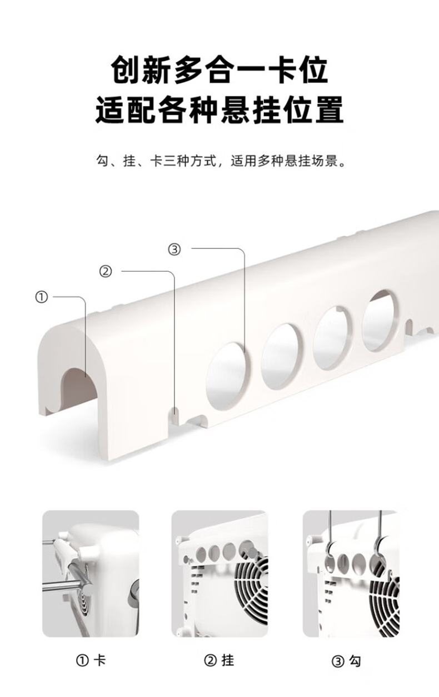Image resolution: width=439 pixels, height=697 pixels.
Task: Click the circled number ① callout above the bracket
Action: tap(42, 297)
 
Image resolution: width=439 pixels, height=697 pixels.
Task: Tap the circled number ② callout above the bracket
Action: tap(106, 272)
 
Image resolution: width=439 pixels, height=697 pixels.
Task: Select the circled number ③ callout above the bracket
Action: tap(174, 250)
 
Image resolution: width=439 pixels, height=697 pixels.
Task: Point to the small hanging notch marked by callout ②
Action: tap(174, 415)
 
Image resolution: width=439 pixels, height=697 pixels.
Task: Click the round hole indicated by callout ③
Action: tap(226, 372)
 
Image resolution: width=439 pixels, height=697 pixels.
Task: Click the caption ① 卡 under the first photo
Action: tap(91, 660)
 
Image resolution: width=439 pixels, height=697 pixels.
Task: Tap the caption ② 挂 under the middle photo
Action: tap(219, 660)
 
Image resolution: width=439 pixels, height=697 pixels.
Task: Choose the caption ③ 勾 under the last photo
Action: tap(347, 661)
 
